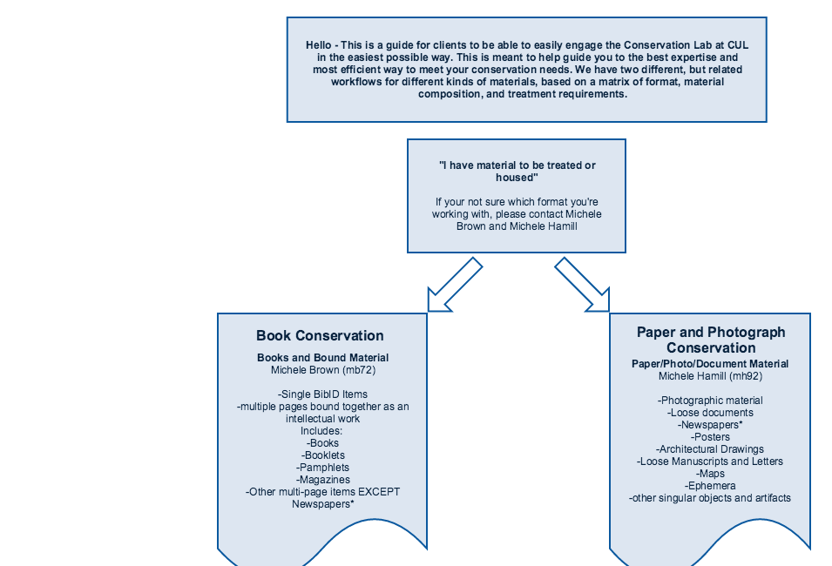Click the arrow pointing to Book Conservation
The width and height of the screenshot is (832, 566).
pyautogui.click(x=456, y=285)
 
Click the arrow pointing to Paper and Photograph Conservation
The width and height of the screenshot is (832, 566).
pyautogui.click(x=582, y=285)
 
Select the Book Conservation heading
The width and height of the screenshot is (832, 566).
pyautogui.click(x=320, y=336)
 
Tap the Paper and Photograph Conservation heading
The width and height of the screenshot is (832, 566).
pyautogui.click(x=711, y=340)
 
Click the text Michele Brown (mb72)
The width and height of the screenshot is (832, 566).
pyautogui.click(x=323, y=370)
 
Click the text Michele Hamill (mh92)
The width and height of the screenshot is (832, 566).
pyautogui.click(x=711, y=376)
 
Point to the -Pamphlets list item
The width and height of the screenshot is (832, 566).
pyautogui.click(x=322, y=468)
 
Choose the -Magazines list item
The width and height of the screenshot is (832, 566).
pyautogui.click(x=323, y=480)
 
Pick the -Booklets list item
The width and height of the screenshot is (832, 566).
pyautogui.click(x=323, y=455)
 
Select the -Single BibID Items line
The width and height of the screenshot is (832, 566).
pyautogui.click(x=322, y=394)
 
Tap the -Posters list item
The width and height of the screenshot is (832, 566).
pyautogui.click(x=711, y=437)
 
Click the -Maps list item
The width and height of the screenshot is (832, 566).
pyautogui.click(x=711, y=474)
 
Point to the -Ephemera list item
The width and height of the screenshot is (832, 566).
pyautogui.click(x=711, y=486)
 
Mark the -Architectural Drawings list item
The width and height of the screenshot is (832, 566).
pyautogui.click(x=710, y=449)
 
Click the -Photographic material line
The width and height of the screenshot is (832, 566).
pyautogui.click(x=710, y=401)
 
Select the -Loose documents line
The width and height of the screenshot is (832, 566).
pyautogui.click(x=711, y=413)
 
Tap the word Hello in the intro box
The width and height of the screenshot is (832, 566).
pyautogui.click(x=318, y=45)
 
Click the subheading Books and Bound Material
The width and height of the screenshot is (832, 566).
pyautogui.click(x=322, y=358)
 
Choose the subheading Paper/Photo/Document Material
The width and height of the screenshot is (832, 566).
pyautogui.click(x=710, y=364)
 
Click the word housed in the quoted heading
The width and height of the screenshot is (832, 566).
pyautogui.click(x=516, y=178)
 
